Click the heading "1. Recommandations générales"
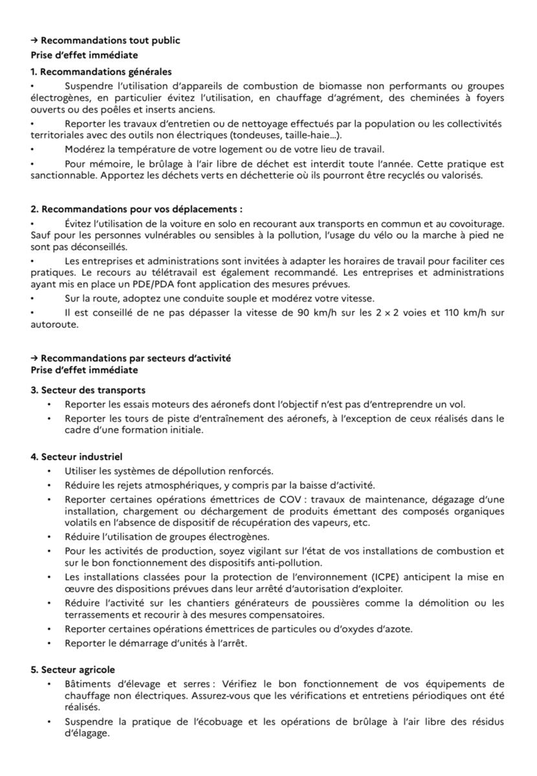pyautogui.click(x=101, y=72)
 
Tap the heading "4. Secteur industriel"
pyautogui.click(x=76, y=457)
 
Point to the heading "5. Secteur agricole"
pyautogui.click(x=72, y=670)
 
